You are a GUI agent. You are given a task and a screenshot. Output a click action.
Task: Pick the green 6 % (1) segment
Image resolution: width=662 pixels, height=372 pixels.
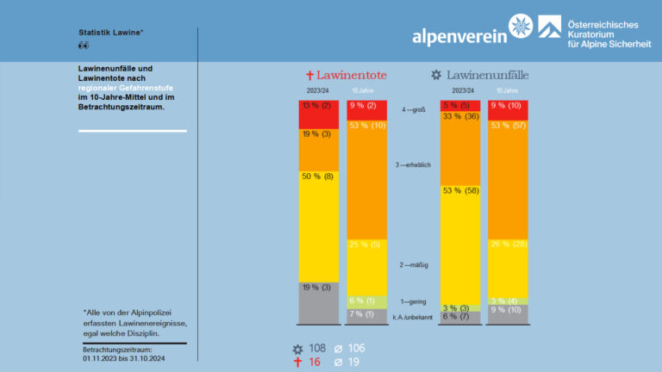tap(365, 301)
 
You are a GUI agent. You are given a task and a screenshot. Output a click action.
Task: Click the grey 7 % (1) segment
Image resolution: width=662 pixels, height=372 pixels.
tap(365, 315)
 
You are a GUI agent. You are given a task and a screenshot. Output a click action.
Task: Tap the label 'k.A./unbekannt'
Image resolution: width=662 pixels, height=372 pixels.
tap(412, 318)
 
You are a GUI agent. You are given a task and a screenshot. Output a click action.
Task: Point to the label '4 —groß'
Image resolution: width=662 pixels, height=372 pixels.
tap(415, 110)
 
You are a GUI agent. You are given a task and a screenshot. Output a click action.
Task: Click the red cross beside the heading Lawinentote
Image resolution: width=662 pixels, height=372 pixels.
tap(310, 76)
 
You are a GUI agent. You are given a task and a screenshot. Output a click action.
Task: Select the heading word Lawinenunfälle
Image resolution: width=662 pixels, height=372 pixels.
tap(491, 76)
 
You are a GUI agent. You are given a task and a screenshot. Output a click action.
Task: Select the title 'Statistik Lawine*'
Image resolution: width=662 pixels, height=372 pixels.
tap(111, 33)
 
